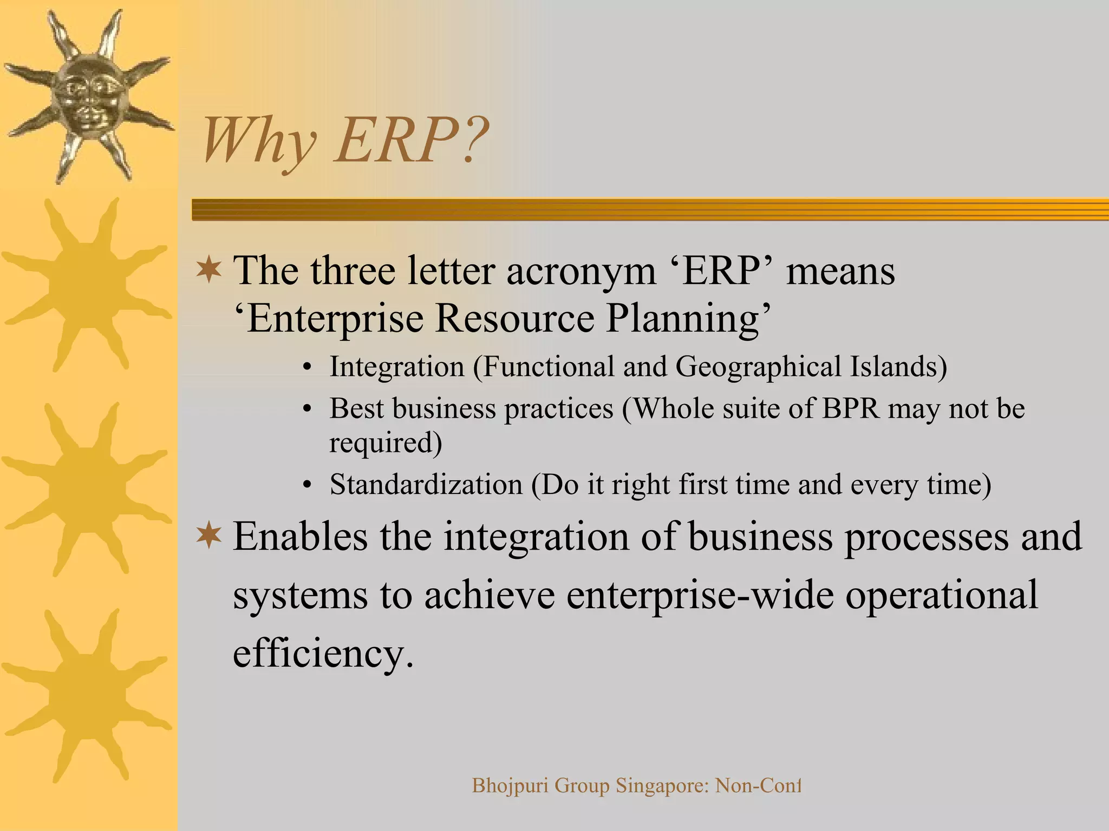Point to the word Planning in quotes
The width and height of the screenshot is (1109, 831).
click(x=683, y=319)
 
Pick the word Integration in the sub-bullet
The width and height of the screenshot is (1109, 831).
click(x=397, y=367)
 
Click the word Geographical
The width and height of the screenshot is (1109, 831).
click(x=758, y=367)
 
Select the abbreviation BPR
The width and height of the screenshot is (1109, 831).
click(x=851, y=408)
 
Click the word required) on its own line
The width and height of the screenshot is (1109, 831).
click(x=386, y=443)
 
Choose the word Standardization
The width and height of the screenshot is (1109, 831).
click(x=426, y=484)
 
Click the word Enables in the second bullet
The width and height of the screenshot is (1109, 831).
click(x=300, y=537)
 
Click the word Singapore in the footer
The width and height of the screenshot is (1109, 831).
click(x=662, y=786)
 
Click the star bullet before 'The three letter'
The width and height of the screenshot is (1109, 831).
click(x=209, y=270)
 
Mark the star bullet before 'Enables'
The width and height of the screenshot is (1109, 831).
click(x=209, y=536)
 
